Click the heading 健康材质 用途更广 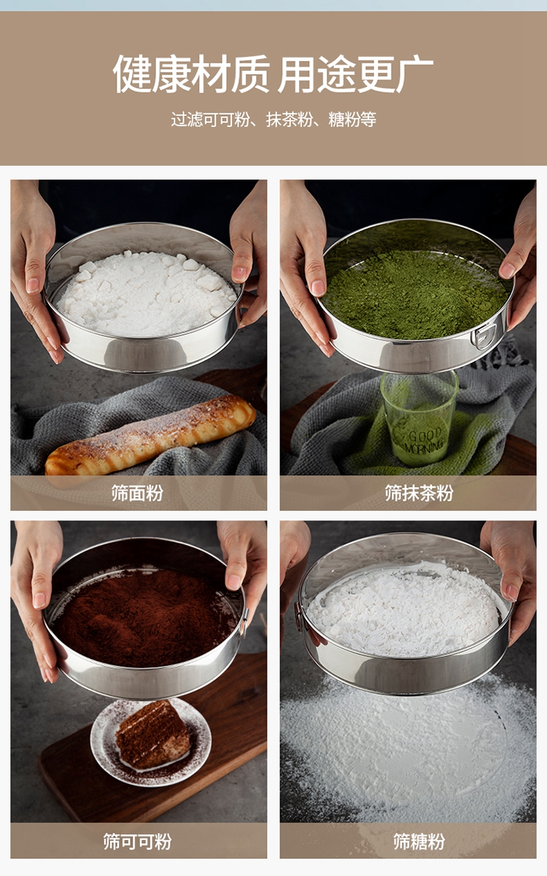point(273,74)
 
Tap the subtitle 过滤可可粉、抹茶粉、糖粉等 point(273,119)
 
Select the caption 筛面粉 point(137,493)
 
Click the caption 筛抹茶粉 point(419,493)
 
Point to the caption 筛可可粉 point(137,841)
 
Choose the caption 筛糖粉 point(419,841)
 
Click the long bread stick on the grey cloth point(150,435)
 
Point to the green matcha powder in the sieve point(414,293)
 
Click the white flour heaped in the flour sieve point(147,293)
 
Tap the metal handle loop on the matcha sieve point(484,336)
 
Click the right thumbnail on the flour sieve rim point(239,273)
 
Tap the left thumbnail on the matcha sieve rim point(318,288)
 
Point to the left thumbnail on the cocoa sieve point(39,600)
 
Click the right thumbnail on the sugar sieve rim point(512,592)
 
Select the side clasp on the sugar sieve point(298,617)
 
